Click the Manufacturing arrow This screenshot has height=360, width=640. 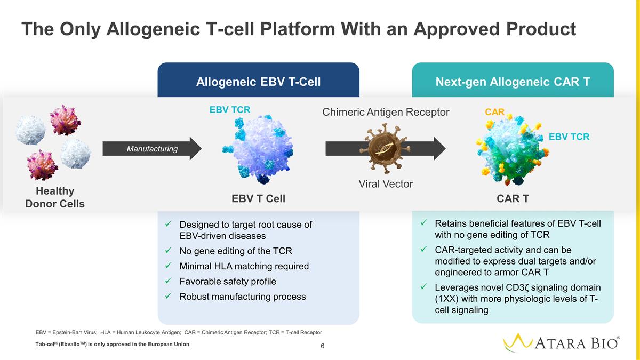pyautogui.click(x=152, y=149)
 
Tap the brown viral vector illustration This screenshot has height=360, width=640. pyautogui.click(x=385, y=149)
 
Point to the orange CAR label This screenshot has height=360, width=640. pyautogui.click(x=494, y=111)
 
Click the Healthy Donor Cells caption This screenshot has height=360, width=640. pyautogui.click(x=55, y=197)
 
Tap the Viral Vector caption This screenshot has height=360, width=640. pyautogui.click(x=386, y=184)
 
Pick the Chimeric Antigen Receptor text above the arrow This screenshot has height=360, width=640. pyautogui.click(x=386, y=112)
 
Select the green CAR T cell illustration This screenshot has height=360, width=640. pyautogui.click(x=512, y=149)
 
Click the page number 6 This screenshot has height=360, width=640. pyautogui.click(x=323, y=346)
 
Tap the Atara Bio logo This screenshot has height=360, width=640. pyautogui.click(x=561, y=342)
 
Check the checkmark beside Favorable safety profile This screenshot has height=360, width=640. pyautogui.click(x=169, y=281)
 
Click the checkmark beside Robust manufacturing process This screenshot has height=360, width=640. pyautogui.click(x=169, y=295)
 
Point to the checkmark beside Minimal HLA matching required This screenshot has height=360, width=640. pyautogui.click(x=169, y=266)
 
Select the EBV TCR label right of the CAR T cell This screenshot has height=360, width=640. pyautogui.click(x=569, y=137)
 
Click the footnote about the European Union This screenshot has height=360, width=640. pyautogui.click(x=113, y=345)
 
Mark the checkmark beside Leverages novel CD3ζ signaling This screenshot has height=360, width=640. pyautogui.click(x=423, y=286)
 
